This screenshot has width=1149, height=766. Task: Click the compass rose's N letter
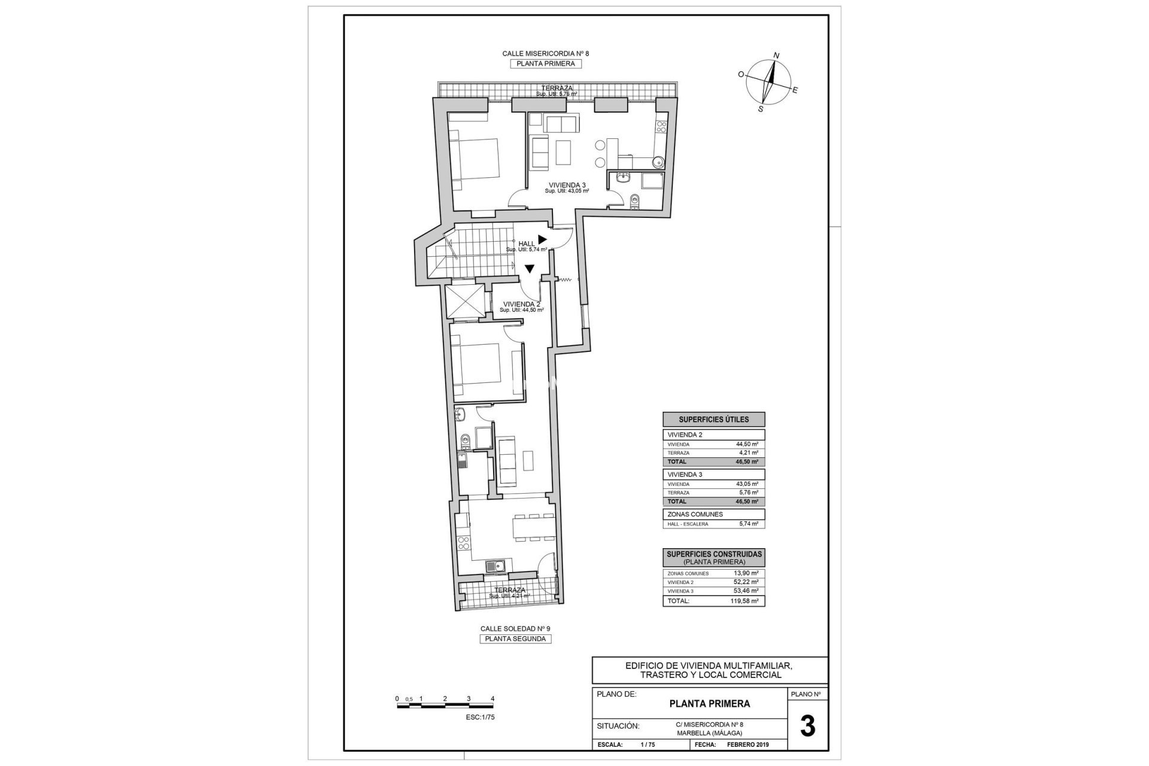776,56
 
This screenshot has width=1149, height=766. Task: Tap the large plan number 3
807,726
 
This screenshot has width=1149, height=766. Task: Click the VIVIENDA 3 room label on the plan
567,185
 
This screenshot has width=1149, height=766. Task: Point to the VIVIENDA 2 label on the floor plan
521,304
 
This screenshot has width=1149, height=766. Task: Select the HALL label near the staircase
527,244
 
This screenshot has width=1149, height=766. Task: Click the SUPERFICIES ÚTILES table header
713,420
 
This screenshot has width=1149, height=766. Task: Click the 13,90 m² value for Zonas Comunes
746,573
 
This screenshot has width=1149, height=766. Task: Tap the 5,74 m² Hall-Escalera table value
748,524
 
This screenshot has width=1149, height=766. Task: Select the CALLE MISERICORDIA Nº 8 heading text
545,53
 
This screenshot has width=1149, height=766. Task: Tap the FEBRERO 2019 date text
747,745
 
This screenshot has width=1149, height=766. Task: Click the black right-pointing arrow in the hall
542,239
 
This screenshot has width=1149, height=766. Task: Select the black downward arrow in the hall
530,269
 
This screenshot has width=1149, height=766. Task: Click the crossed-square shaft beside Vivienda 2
464,302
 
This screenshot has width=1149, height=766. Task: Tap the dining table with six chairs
533,527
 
